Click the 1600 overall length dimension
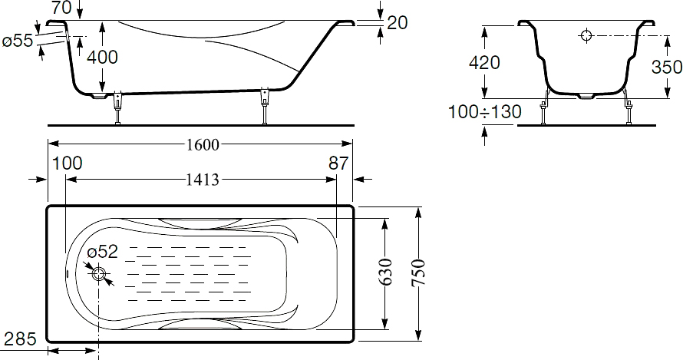click(x=203, y=144)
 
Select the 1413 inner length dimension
click(x=203, y=179)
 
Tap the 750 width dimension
click(x=418, y=272)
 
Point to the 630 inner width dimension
click(x=384, y=272)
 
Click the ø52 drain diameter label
click(x=102, y=252)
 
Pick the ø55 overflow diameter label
click(x=18, y=41)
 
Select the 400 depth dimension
click(x=102, y=57)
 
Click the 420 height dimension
click(x=484, y=63)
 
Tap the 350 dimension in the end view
click(x=667, y=67)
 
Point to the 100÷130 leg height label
click(x=485, y=112)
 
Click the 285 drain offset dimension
click(x=20, y=339)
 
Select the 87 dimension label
click(x=338, y=163)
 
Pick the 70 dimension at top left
click(x=61, y=8)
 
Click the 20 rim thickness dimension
click(x=397, y=23)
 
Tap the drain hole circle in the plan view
click(x=99, y=274)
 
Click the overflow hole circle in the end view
click(x=586, y=35)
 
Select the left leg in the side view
click(x=117, y=107)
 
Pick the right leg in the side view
click(x=264, y=106)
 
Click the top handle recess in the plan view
click(x=200, y=223)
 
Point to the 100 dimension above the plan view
click(x=67, y=163)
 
